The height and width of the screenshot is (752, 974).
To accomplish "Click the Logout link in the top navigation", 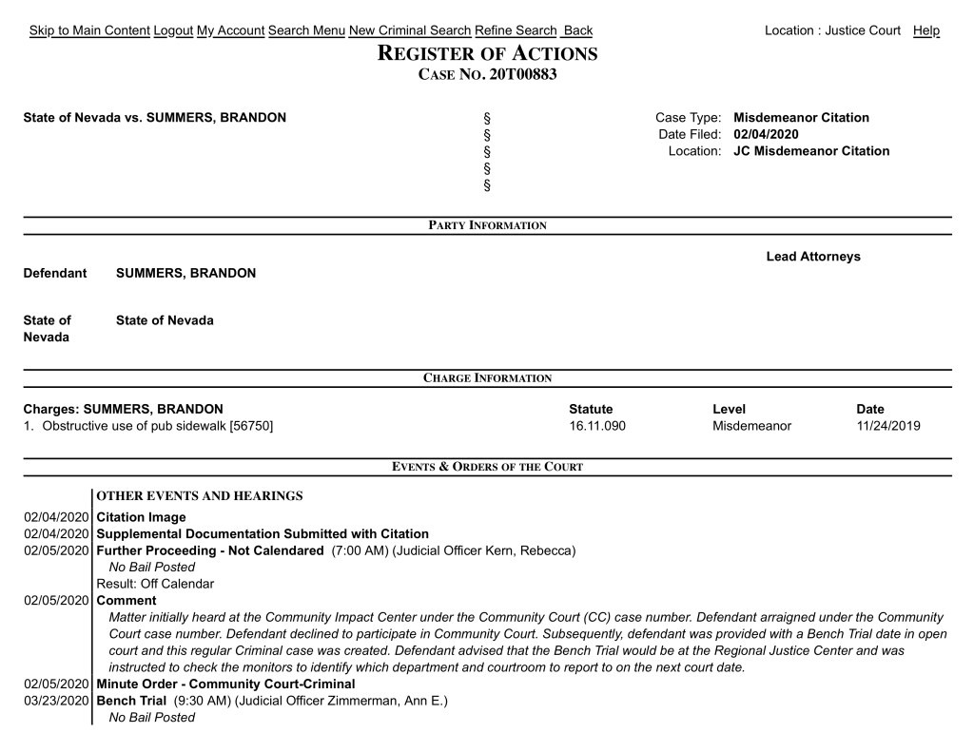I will point(173,30).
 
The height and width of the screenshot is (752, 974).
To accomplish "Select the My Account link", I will point(230,30).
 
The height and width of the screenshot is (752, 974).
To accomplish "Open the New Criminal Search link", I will point(409,30).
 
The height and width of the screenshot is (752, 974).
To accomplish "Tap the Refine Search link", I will point(516,30).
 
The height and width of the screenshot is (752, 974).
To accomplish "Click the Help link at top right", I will point(925,30).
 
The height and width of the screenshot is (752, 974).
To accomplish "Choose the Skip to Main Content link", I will point(89,30).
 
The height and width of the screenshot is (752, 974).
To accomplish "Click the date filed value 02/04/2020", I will point(766,134).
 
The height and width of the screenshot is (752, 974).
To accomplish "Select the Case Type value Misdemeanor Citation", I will point(801,118).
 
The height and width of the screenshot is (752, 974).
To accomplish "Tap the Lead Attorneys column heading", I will point(812,257).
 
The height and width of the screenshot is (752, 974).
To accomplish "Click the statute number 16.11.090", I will point(597,426).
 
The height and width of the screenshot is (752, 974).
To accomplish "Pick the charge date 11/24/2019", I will point(887,426).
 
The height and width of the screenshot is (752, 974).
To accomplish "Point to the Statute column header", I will point(591,409).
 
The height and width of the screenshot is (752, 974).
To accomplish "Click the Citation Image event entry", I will point(142,517).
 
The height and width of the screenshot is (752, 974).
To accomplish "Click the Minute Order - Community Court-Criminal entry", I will point(225,684).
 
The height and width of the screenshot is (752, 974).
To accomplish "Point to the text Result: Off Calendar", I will point(155,584).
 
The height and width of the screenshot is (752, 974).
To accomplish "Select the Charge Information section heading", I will point(487,378).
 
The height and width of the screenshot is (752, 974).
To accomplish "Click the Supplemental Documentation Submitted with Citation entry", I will point(263,534).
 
